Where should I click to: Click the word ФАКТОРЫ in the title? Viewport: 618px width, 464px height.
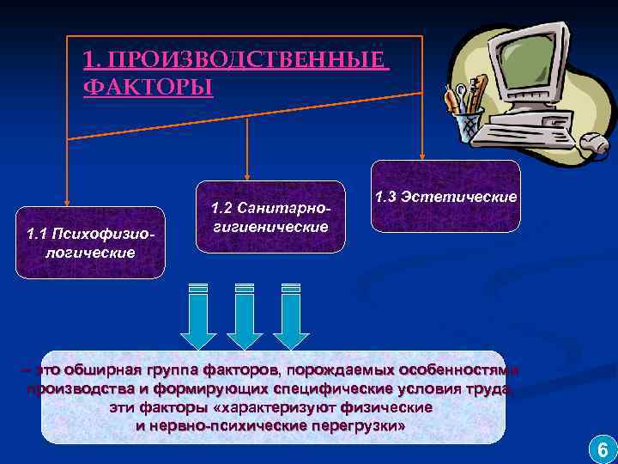tap(148, 88)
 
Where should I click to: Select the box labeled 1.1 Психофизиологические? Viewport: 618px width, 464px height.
tap(89, 242)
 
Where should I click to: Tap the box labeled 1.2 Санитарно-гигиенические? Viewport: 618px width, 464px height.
tap(270, 217)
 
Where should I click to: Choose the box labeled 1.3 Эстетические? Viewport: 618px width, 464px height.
tap(445, 196)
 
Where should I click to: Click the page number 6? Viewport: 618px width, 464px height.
tap(602, 448)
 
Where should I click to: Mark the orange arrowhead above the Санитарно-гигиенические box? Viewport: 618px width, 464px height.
tap(247, 175)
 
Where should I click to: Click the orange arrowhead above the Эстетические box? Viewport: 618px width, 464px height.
tap(421, 153)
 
